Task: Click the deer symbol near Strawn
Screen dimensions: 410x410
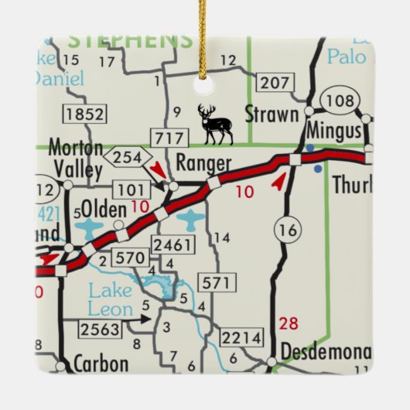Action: pos(215,125)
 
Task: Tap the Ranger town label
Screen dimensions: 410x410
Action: pos(203,163)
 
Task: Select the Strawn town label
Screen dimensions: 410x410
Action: pos(271,114)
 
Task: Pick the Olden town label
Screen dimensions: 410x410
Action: pos(104,207)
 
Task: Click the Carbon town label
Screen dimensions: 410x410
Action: pos(100,363)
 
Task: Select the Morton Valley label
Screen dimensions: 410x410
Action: pos(75,157)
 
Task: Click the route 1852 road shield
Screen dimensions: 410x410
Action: pos(84,114)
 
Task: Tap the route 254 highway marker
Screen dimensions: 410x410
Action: pos(128,158)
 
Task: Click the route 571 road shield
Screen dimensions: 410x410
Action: pos(214,283)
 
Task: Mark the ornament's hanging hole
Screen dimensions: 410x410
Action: pos(205,72)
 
